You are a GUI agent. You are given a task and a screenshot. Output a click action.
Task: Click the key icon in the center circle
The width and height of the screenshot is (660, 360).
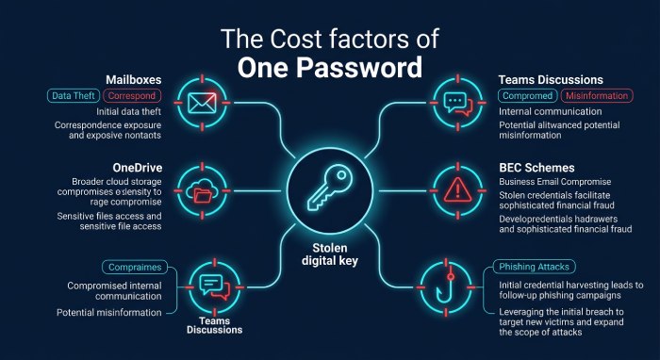click(x=329, y=189)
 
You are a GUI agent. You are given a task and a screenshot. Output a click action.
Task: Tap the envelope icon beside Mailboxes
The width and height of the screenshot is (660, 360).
click(x=202, y=103)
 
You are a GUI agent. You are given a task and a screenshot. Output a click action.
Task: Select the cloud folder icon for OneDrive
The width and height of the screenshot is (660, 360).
click(x=202, y=191)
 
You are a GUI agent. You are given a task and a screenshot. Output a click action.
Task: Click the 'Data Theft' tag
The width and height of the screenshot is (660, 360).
click(x=74, y=96)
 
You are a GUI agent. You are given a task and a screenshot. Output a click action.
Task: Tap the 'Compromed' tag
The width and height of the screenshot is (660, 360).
click(x=528, y=96)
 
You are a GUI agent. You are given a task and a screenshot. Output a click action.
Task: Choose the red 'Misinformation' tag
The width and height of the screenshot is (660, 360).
click(x=597, y=96)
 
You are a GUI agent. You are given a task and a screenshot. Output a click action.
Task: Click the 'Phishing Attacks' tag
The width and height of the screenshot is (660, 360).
click(x=534, y=267)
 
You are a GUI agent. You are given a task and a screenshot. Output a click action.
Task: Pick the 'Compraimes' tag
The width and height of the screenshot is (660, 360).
click(x=135, y=268)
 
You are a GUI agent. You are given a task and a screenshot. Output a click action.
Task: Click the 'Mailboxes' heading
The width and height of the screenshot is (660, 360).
click(x=134, y=80)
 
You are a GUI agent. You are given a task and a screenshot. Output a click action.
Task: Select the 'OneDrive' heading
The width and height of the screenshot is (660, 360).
click(x=138, y=168)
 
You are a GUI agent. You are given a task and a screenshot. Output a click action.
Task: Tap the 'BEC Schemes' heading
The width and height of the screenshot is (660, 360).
click(x=536, y=168)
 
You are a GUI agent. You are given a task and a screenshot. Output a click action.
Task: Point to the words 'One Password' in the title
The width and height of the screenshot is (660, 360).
click(x=330, y=67)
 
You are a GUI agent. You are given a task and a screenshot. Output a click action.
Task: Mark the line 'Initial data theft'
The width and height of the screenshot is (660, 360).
click(x=129, y=112)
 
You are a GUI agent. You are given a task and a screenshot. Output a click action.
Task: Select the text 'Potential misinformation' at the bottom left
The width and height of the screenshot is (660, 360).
click(x=109, y=313)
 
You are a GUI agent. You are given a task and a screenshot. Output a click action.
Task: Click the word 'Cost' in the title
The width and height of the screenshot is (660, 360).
click(x=296, y=39)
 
